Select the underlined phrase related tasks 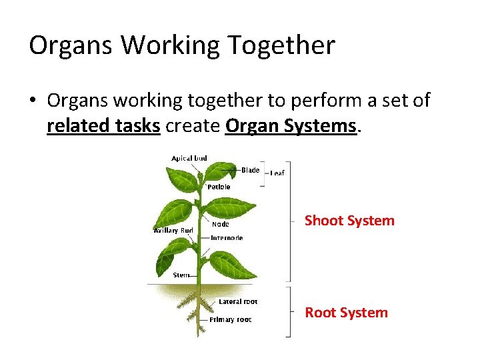pyautogui.click(x=103, y=125)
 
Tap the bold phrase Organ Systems pyautogui.click(x=291, y=125)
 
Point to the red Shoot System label pyautogui.click(x=349, y=221)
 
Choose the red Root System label pyautogui.click(x=346, y=313)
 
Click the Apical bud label pyautogui.click(x=189, y=159)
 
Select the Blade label pyautogui.click(x=250, y=170)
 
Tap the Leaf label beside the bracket pyautogui.click(x=277, y=173)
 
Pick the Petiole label pyautogui.click(x=219, y=187)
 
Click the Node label pyautogui.click(x=220, y=225)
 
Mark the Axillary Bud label pyautogui.click(x=173, y=231)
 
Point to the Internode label pyautogui.click(x=227, y=238)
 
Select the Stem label pyautogui.click(x=181, y=275)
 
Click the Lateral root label pyautogui.click(x=238, y=302)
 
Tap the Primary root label pyautogui.click(x=230, y=320)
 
